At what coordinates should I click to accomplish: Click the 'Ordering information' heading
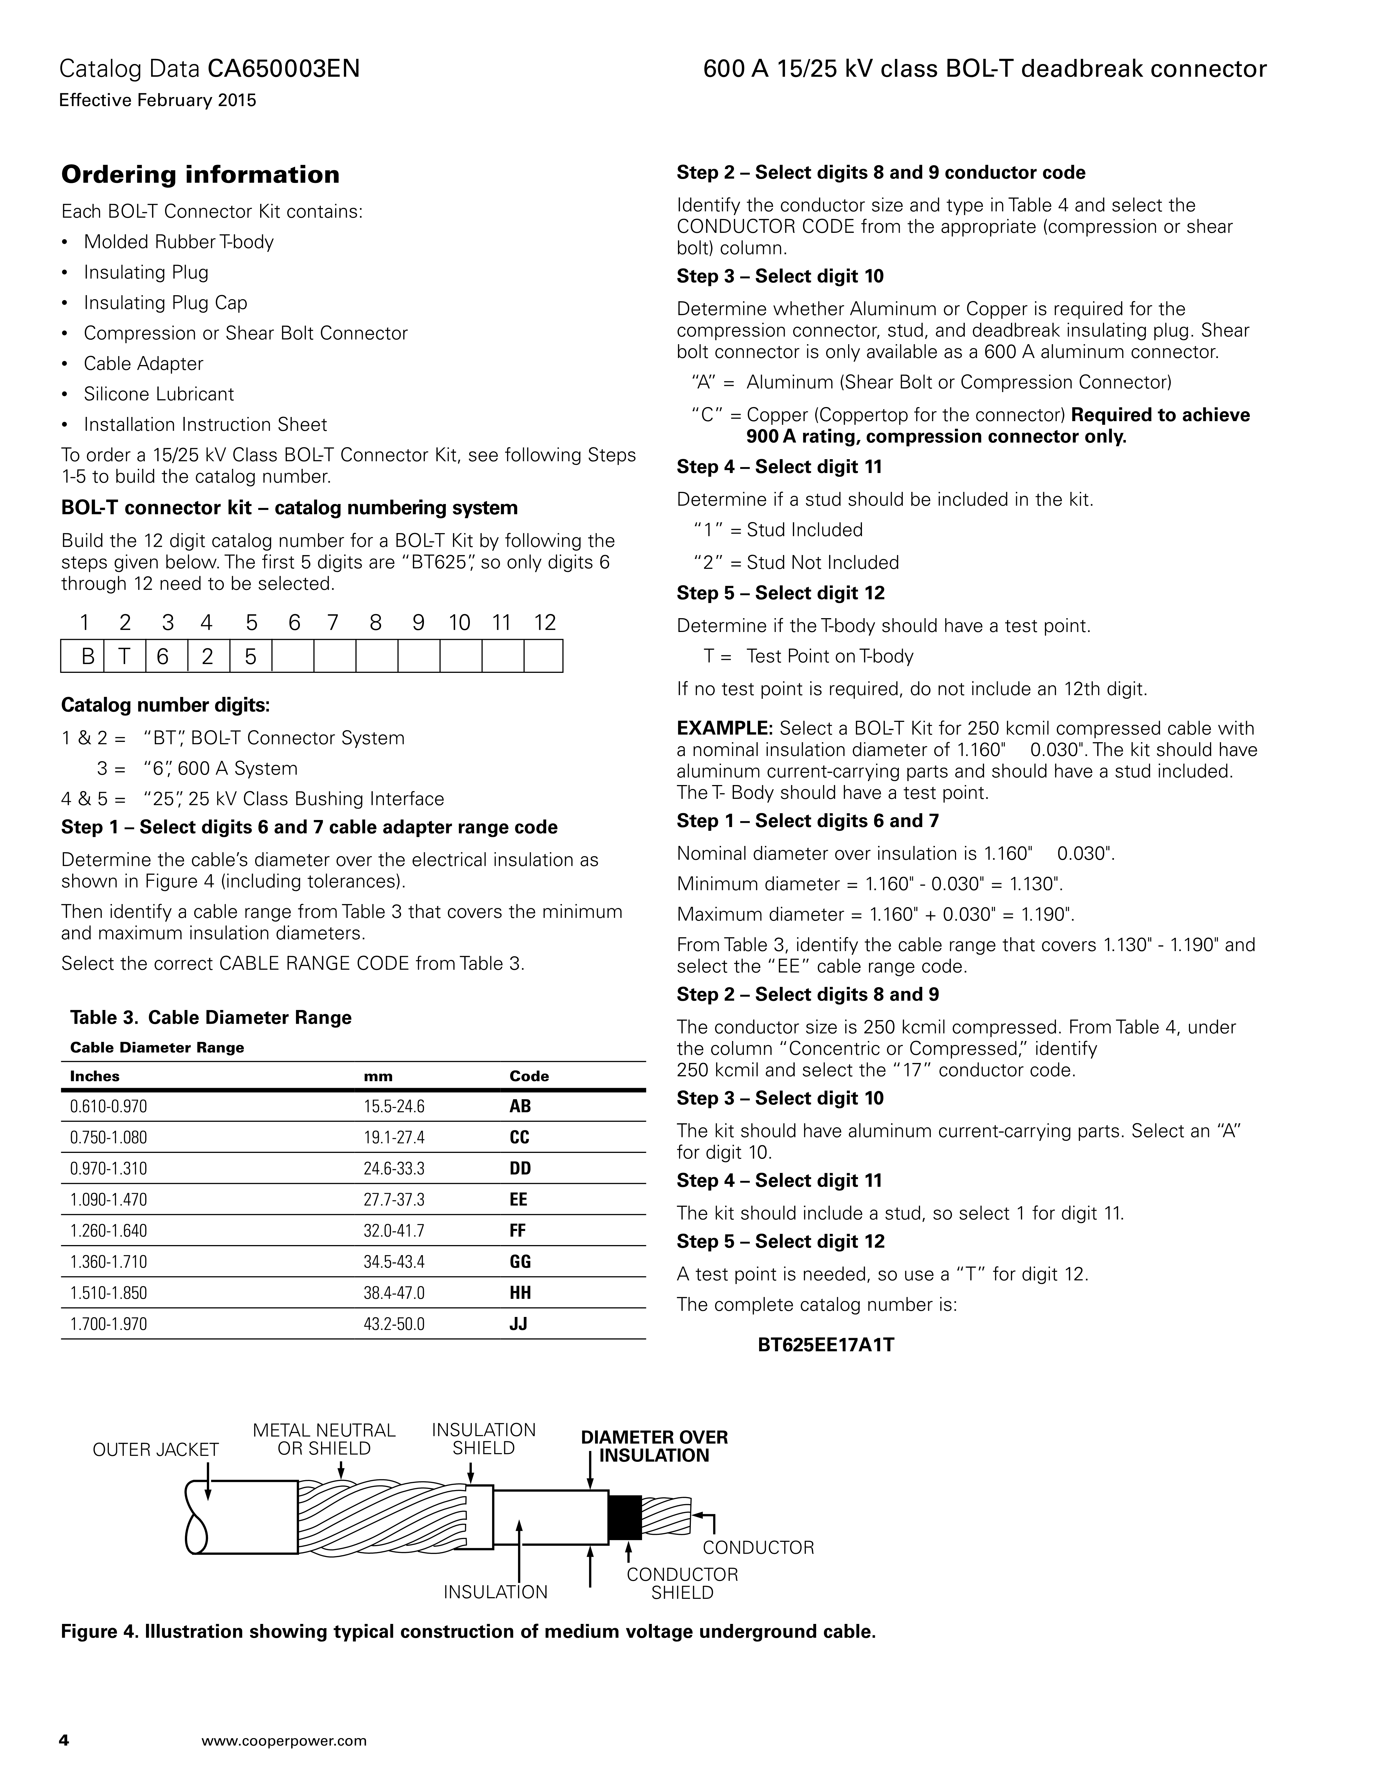click(x=200, y=175)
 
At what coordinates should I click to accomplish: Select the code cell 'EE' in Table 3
click(x=518, y=1200)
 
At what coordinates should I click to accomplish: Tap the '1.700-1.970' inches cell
click(x=109, y=1324)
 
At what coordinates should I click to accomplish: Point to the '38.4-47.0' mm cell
click(x=394, y=1293)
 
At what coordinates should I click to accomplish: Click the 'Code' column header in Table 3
click(x=529, y=1076)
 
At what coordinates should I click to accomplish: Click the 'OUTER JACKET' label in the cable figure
click(x=155, y=1450)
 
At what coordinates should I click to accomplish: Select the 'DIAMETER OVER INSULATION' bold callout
click(x=654, y=1446)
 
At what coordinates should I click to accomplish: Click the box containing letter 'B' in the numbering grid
click(x=83, y=656)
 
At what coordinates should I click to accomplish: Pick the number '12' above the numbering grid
click(x=545, y=623)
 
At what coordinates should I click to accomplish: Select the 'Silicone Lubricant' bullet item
click(x=159, y=394)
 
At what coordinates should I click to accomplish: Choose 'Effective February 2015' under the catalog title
click(x=158, y=101)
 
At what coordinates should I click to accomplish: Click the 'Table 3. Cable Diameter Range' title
click(x=211, y=1017)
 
